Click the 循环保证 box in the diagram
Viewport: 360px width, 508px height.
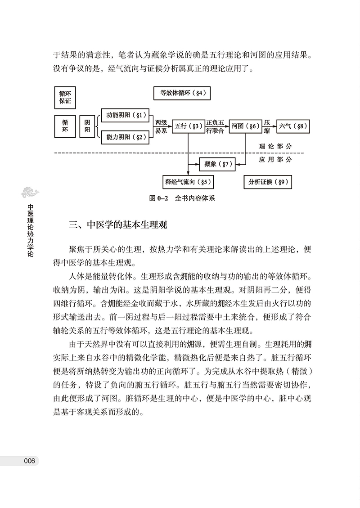coord(65,98)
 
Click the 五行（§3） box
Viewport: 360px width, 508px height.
coord(188,126)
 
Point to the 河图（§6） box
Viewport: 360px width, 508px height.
coord(245,126)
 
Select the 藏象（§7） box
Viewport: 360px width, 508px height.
coord(217,164)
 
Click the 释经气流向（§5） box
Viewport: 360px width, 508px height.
coord(188,182)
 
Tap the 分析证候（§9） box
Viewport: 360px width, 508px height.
coord(267,182)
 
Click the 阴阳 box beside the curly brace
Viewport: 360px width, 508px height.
coord(87,126)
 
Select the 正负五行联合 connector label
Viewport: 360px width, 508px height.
coord(215,126)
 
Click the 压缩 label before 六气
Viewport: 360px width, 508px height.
coord(267,126)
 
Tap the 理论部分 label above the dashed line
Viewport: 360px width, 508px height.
coord(275,147)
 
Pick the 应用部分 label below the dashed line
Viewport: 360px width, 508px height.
coord(275,159)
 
